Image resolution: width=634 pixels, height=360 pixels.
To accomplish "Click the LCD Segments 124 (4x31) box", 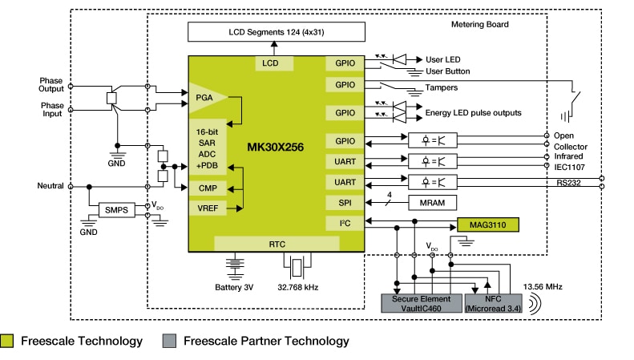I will point(276,31).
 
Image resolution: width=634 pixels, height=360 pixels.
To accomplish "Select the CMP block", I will point(208,188).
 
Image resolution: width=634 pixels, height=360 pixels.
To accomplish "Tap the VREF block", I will point(208,208).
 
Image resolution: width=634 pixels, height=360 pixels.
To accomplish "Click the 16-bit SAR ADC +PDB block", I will point(208,148).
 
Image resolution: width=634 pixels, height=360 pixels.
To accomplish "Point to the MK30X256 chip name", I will point(277,147).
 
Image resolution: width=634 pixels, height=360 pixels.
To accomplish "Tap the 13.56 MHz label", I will point(543,285).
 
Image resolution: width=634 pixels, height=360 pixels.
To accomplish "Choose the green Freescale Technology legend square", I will point(8,341).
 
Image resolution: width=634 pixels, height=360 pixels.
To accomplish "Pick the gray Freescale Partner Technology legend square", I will point(168,341).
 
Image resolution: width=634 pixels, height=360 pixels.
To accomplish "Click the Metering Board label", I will point(481,24).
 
